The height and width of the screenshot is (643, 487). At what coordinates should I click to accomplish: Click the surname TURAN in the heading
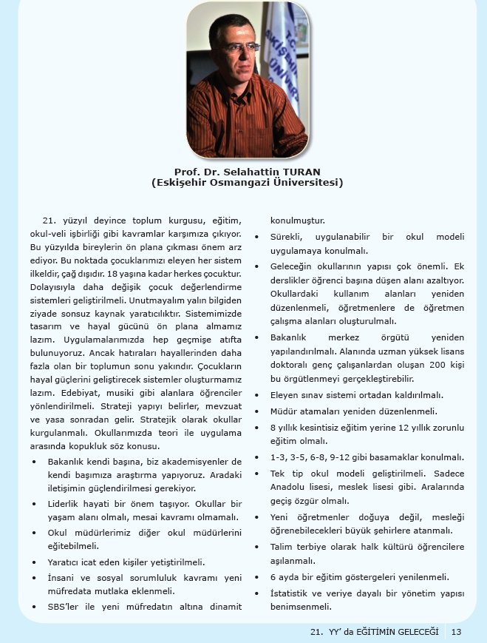[x=302, y=171]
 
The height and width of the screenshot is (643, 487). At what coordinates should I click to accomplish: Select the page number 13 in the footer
[x=456, y=631]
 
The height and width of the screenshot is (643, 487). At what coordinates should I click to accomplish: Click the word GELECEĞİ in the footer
[x=412, y=631]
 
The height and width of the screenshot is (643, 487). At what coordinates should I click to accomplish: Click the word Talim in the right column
[x=283, y=547]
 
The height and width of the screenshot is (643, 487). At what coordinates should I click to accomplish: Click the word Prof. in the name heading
[x=187, y=171]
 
